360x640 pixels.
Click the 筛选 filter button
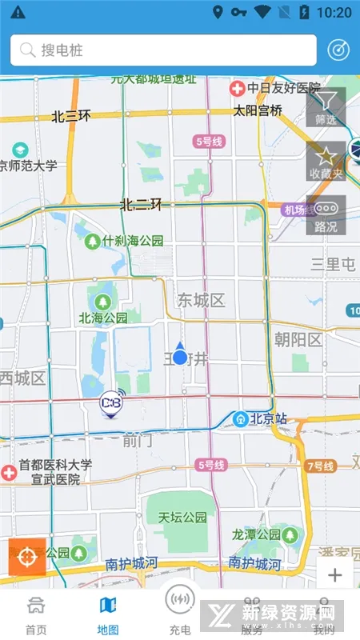pyautogui.click(x=326, y=107)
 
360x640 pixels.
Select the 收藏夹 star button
pyautogui.click(x=326, y=161)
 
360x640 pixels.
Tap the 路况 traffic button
pyautogui.click(x=326, y=214)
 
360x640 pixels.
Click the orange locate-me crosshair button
pyautogui.click(x=26, y=557)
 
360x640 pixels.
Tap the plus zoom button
pyautogui.click(x=334, y=574)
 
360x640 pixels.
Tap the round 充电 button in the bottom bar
pyautogui.click(x=180, y=608)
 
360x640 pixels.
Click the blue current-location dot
pyautogui.click(x=180, y=357)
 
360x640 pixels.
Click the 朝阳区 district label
pyautogui.click(x=298, y=340)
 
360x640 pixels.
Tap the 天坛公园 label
pyautogui.click(x=182, y=518)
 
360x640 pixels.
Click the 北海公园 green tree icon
pyautogui.click(x=102, y=301)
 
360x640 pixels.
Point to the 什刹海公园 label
pyautogui.click(x=134, y=240)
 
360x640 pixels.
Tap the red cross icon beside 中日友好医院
pyautogui.click(x=237, y=88)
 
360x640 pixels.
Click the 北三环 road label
pyautogui.click(x=71, y=116)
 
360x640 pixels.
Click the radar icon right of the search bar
pyautogui.click(x=339, y=50)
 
